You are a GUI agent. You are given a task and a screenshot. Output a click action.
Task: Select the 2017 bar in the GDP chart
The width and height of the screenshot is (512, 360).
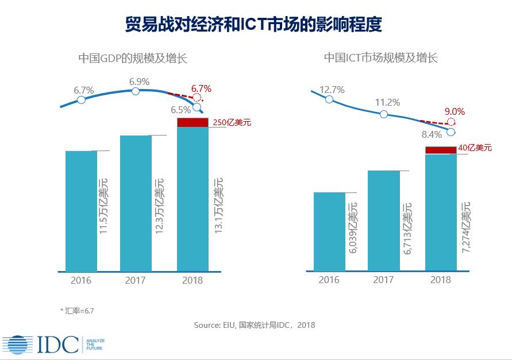(136, 203)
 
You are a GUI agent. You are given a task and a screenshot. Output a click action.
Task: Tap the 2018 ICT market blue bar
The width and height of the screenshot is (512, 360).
(441, 212)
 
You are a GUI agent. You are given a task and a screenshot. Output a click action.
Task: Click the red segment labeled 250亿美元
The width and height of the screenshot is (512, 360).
(192, 122)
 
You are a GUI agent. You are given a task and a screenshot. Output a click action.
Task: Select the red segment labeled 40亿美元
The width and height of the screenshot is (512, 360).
(441, 150)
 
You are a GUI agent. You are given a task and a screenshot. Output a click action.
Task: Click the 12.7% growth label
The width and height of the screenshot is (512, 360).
(332, 90)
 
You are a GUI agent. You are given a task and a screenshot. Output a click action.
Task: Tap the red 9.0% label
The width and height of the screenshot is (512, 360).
(454, 112)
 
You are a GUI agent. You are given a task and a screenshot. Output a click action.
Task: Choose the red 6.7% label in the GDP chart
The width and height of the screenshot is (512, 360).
(201, 88)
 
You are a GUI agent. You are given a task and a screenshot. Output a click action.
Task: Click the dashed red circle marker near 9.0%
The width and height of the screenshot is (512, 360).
(451, 122)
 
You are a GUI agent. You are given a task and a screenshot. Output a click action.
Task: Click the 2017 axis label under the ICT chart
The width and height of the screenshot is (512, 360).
(383, 280)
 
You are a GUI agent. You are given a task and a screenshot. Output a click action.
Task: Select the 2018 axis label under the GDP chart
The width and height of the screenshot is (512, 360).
(192, 281)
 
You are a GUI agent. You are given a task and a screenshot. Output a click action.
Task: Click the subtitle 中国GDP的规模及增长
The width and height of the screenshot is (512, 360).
(133, 58)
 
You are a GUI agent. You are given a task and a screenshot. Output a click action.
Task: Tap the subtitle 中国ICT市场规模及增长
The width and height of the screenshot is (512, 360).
(380, 58)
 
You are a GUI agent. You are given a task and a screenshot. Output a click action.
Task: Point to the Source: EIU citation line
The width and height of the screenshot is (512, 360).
(254, 325)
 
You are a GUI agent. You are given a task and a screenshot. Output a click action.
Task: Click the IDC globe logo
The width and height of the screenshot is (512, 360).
(17, 344)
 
